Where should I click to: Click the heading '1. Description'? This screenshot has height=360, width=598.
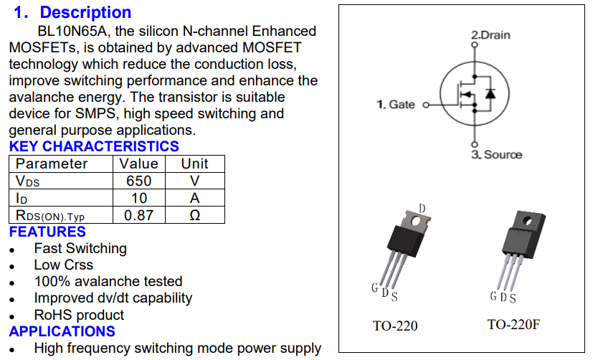coord(72,13)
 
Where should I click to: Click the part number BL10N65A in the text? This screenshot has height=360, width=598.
coord(72,32)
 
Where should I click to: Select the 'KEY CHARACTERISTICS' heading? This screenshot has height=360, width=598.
coord(94,147)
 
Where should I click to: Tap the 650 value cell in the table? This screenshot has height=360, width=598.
coord(139,181)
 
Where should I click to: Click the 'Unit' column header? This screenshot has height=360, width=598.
coord(194,164)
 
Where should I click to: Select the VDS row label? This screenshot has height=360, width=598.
coord(29,181)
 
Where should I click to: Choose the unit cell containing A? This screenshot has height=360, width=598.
coord(194,198)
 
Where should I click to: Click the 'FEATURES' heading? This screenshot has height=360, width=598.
coord(47,232)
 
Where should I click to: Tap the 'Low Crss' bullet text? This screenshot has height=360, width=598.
coord(64,265)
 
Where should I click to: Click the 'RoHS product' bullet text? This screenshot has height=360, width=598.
coord(79,315)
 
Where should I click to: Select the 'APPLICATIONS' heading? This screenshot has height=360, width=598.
coord(62,331)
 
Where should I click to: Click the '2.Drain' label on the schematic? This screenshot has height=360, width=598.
coord(490,34)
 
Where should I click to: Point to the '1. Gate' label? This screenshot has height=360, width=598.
coord(396,105)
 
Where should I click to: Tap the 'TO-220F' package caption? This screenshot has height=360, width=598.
coord(513,325)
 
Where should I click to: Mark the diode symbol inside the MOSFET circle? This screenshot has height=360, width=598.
coord(490,93)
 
